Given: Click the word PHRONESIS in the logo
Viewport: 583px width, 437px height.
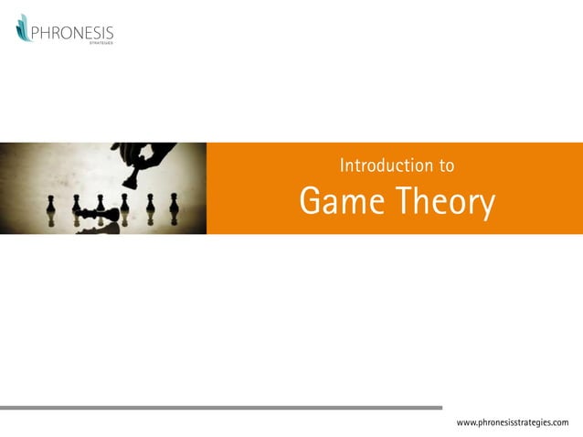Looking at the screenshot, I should click(x=72, y=34).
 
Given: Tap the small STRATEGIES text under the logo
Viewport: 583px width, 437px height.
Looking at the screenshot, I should click(x=101, y=44).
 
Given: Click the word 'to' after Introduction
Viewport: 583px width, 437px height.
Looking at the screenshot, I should click(x=447, y=166).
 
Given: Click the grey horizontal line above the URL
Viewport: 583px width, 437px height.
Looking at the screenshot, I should click(x=220, y=408).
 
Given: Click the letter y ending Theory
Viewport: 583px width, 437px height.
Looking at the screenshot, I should click(x=485, y=208).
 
